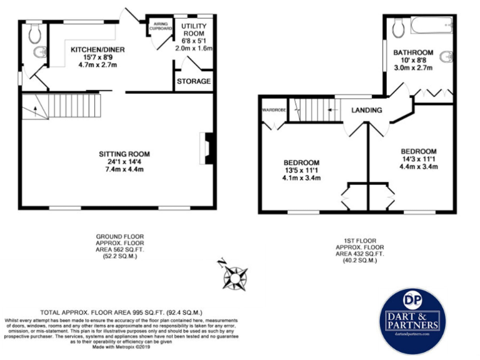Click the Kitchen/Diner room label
tap(91, 49)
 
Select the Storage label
tap(194, 81)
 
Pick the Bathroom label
tap(413, 52)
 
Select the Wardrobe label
tap(273, 110)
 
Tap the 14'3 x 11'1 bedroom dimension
tap(418, 159)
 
